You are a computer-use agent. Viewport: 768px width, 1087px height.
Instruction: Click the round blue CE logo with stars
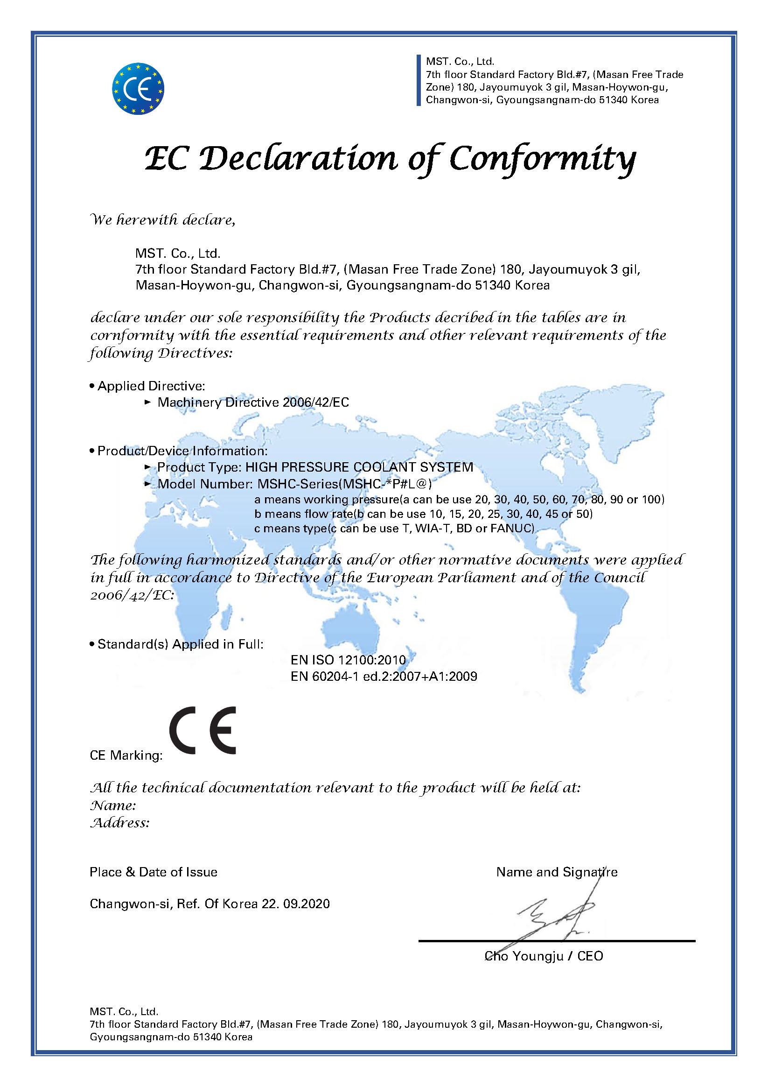tap(138, 89)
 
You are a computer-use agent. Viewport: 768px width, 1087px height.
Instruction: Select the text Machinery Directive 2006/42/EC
tap(253, 402)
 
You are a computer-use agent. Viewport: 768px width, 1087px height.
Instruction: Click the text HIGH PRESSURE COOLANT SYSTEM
tap(359, 467)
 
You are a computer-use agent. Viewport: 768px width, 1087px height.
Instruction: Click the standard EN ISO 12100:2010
tap(348, 660)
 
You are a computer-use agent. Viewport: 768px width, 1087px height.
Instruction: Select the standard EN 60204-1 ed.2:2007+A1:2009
tap(384, 676)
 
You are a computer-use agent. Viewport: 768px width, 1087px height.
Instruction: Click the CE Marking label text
tap(126, 755)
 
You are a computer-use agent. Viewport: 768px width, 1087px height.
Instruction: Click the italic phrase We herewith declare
tap(162, 219)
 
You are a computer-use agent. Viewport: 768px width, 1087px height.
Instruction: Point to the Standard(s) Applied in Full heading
tap(180, 644)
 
